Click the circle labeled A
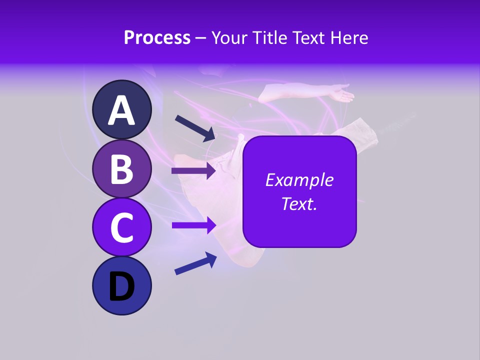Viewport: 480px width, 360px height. coord(122,109)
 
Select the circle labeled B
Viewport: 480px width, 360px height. coord(122,168)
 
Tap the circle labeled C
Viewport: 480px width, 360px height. coord(122,227)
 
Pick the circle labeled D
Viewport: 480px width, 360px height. coord(122,285)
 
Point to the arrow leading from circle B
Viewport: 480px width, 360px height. coord(193,170)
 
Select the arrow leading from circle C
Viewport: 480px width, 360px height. coord(193,225)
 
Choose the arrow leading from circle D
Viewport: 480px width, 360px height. coord(195,263)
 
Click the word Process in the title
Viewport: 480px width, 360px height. coord(157,37)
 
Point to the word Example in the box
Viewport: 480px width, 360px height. coord(299,180)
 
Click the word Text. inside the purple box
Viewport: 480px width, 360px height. coord(299,204)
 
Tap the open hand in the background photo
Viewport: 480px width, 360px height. coord(342,94)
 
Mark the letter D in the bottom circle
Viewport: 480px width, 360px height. coord(122,287)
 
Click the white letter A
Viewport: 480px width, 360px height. coord(122,110)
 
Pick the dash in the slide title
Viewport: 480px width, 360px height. coord(201,38)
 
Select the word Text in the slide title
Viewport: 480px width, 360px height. coord(307,37)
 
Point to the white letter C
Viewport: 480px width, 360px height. coord(122,228)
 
